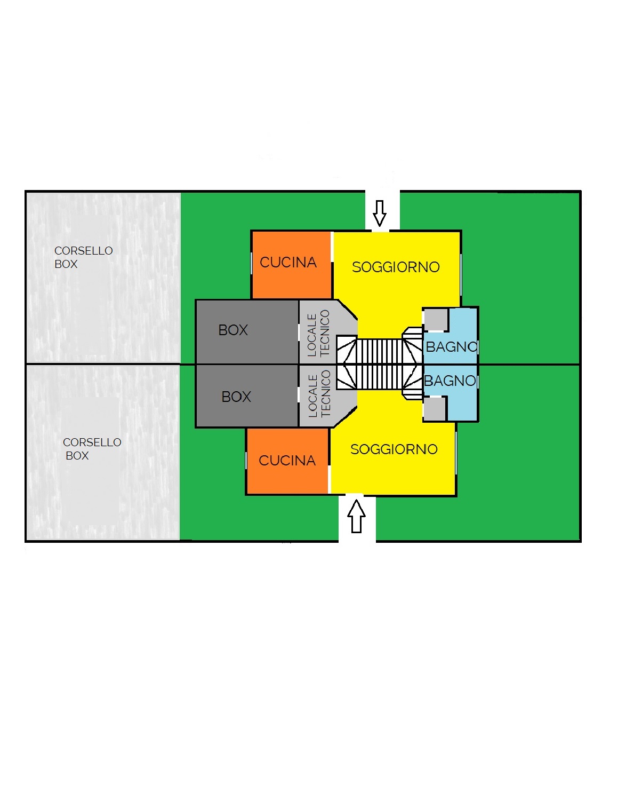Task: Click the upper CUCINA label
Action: click(x=288, y=262)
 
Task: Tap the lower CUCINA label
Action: click(x=287, y=460)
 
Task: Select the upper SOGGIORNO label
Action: click(x=396, y=267)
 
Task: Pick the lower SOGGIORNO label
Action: click(x=394, y=449)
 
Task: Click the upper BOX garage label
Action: click(x=232, y=330)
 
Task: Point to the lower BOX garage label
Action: click(x=236, y=397)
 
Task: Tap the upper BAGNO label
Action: click(x=452, y=346)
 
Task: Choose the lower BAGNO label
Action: click(x=450, y=381)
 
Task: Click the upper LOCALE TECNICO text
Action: click(x=318, y=333)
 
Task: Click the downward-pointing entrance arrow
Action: click(x=380, y=213)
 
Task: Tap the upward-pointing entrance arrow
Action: click(x=356, y=516)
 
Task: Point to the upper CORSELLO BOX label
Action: click(x=83, y=257)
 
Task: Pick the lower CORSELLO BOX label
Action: click(x=92, y=449)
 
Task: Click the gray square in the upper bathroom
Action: click(x=436, y=320)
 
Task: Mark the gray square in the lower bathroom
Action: click(x=435, y=408)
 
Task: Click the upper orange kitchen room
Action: click(x=292, y=265)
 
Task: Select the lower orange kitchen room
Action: click(x=287, y=461)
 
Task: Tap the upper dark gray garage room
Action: click(x=247, y=332)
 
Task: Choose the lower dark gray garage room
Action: click(x=247, y=395)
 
